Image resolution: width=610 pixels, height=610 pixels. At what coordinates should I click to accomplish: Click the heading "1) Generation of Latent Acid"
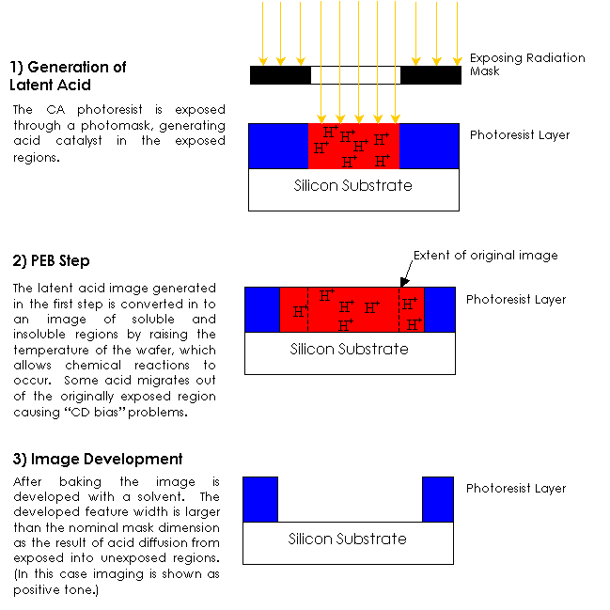click(x=68, y=75)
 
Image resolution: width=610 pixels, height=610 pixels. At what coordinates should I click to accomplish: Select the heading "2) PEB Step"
click(x=51, y=260)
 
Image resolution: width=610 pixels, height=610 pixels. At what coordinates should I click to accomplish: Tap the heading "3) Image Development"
click(x=98, y=460)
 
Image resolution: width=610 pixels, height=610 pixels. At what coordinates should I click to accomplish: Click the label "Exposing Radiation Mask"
click(x=526, y=64)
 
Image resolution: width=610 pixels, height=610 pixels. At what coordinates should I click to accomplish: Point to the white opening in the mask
click(x=355, y=75)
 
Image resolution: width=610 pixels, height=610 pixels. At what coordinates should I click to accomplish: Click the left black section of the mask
click(x=280, y=75)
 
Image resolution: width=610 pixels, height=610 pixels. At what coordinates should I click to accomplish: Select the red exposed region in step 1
click(x=353, y=146)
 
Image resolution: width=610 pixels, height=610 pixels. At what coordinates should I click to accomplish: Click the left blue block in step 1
click(x=278, y=146)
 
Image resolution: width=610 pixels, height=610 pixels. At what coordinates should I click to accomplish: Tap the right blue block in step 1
click(x=430, y=146)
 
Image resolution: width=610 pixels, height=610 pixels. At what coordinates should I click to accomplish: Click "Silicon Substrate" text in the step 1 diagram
click(x=352, y=186)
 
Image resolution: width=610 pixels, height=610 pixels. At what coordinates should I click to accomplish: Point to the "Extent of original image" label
click(x=485, y=256)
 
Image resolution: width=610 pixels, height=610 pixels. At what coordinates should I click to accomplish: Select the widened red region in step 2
click(x=352, y=309)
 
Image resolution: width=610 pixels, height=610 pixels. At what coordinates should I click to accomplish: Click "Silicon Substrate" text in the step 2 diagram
click(x=349, y=350)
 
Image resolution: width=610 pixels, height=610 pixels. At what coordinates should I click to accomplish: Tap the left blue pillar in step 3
click(x=260, y=499)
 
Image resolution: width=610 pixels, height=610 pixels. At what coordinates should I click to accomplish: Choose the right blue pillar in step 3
click(x=438, y=499)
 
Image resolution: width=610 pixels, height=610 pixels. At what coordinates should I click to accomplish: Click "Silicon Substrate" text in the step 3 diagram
click(x=347, y=540)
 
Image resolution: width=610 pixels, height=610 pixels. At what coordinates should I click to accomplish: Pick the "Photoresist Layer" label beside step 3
click(x=516, y=489)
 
